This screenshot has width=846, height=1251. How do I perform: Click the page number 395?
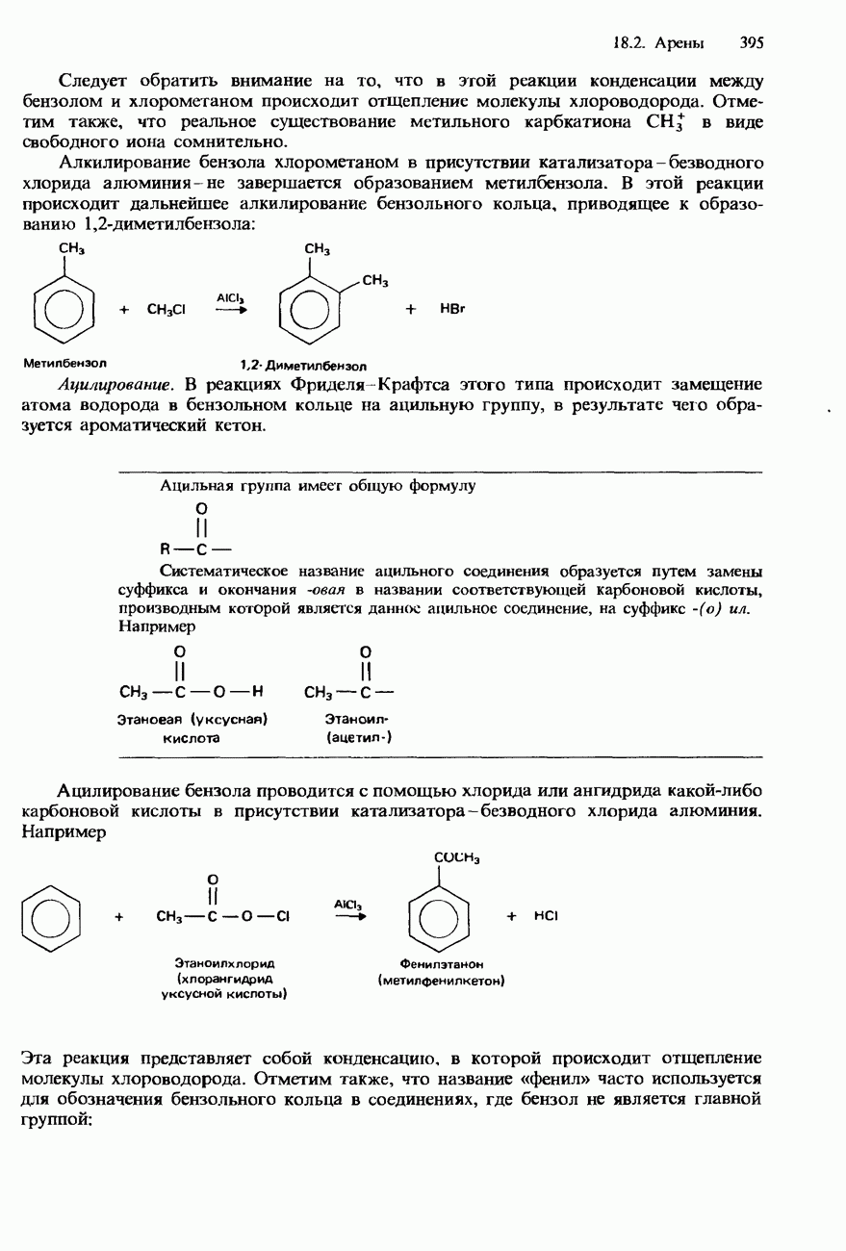pyautogui.click(x=752, y=43)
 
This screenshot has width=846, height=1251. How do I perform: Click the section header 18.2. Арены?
pyautogui.click(x=658, y=43)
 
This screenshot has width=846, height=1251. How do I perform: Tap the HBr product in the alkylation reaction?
pyautogui.click(x=452, y=310)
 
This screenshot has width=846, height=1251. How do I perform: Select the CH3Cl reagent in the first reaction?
pyautogui.click(x=167, y=310)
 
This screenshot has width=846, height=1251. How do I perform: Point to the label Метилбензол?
pyautogui.click(x=64, y=364)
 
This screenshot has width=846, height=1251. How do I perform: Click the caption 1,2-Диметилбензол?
pyautogui.click(x=303, y=366)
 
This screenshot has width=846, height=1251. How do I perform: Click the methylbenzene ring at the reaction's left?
pyautogui.click(x=64, y=308)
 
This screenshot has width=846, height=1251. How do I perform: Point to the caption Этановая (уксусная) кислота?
pyautogui.click(x=192, y=728)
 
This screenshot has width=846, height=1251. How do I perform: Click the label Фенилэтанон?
pyautogui.click(x=441, y=963)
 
